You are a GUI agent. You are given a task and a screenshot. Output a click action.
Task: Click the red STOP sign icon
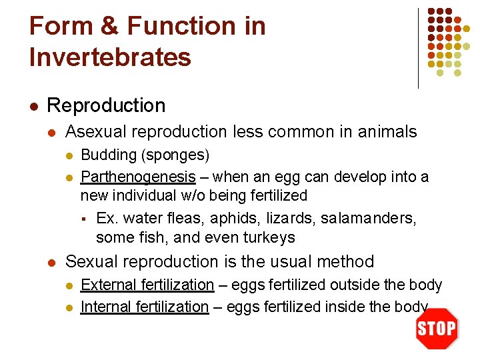(x=437, y=328)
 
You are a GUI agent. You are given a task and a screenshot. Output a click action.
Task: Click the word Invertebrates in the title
(x=110, y=57)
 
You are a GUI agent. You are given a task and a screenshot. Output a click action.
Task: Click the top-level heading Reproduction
(x=106, y=105)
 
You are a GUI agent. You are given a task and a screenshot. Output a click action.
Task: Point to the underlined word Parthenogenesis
(x=138, y=177)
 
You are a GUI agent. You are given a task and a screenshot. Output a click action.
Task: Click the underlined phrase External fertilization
(x=147, y=285)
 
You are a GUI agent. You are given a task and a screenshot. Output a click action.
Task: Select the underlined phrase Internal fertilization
(x=144, y=307)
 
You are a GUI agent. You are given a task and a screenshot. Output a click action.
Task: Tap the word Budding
(x=108, y=155)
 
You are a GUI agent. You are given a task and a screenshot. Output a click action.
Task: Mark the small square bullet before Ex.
(x=84, y=219)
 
